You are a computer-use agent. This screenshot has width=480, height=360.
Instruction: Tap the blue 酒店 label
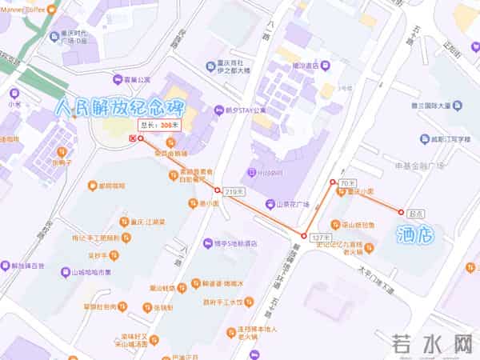[415, 234]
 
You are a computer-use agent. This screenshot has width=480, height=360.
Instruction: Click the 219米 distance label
[234, 192]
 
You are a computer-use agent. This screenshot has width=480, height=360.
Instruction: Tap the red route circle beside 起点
[401, 212]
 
